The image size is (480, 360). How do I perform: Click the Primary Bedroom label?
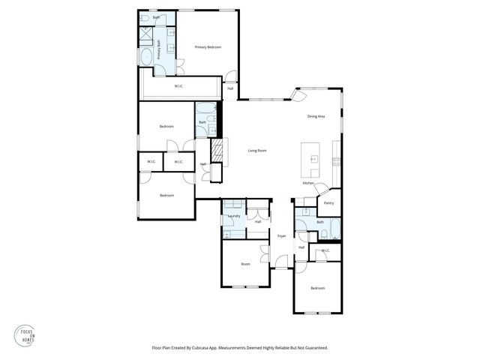tap(208, 47)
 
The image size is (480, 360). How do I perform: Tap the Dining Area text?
tap(316, 116)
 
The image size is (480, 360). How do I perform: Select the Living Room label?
tap(257, 151)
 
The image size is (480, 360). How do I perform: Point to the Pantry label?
tap(328, 202)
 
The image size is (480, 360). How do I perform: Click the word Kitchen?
tap(308, 183)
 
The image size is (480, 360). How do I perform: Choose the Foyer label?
tap(282, 236)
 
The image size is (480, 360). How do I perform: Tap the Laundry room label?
tap(233, 216)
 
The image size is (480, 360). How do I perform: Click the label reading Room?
tap(245, 264)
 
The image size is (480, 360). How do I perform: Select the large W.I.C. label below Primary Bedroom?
tap(179, 86)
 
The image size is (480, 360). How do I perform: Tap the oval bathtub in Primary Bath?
tap(145, 55)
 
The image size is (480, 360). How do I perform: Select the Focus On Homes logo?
tap(25, 334)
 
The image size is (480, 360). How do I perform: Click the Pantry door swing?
tap(320, 188)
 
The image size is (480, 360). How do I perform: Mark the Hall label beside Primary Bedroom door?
tap(230, 88)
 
